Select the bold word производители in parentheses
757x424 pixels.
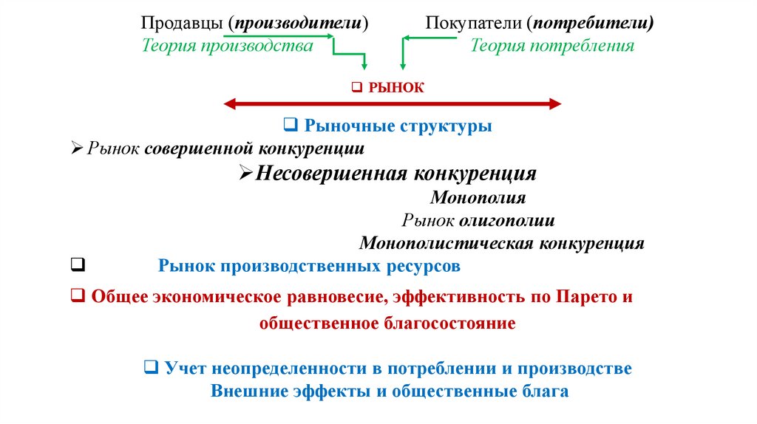click(297, 24)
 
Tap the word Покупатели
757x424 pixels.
click(473, 24)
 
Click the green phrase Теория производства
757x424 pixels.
click(228, 46)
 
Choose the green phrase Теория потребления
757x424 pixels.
click(552, 46)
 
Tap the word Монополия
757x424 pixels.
click(478, 198)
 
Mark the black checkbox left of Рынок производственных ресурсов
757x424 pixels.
click(77, 264)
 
